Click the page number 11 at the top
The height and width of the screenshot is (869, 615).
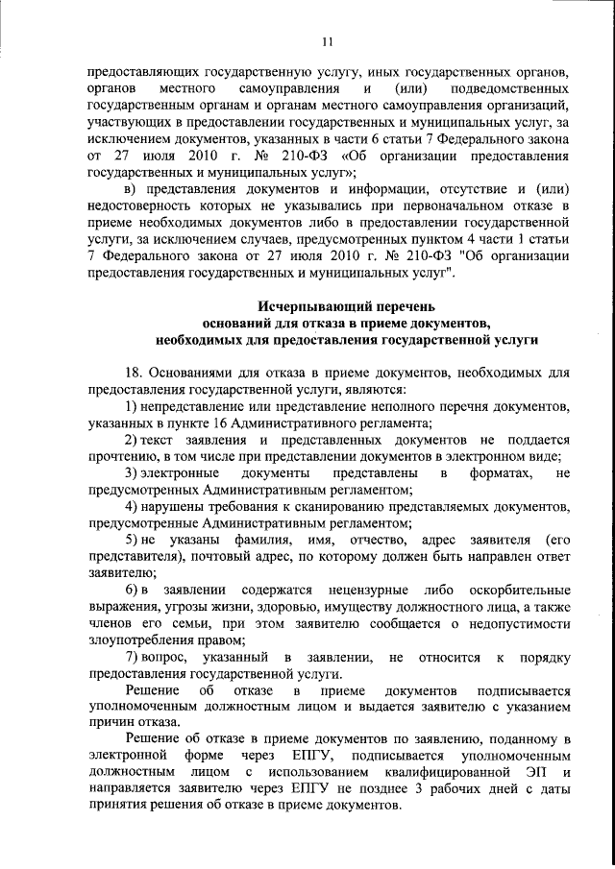click(327, 41)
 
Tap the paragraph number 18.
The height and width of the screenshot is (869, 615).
click(135, 373)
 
